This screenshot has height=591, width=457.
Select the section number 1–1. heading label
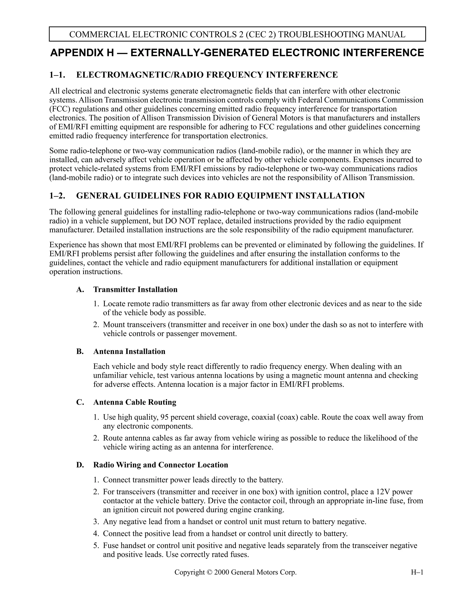pyautogui.click(x=57, y=75)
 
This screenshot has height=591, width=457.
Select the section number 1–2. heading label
pyautogui.click(x=57, y=196)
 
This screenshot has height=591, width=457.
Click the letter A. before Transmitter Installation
pyautogui.click(x=80, y=289)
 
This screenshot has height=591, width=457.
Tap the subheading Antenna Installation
pyautogui.click(x=129, y=351)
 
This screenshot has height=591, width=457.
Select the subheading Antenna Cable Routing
pyautogui.click(x=135, y=402)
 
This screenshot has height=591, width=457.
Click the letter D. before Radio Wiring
pyautogui.click(x=80, y=465)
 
